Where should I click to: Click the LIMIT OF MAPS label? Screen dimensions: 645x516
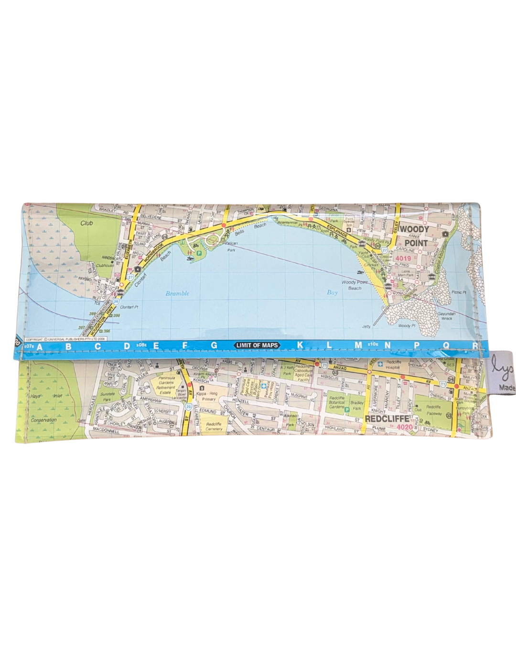click(257, 345)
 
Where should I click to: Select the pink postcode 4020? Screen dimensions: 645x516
click(404, 427)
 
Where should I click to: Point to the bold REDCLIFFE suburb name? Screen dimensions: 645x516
click(387, 419)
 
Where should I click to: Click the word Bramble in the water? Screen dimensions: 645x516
click(177, 293)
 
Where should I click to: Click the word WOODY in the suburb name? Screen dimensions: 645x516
click(414, 229)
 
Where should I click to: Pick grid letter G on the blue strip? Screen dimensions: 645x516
click(214, 345)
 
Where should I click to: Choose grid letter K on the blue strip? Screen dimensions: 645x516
click(300, 345)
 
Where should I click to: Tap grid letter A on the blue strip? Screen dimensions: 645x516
click(40, 346)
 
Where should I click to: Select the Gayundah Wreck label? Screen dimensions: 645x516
click(447, 316)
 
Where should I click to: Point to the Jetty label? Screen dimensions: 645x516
click(366, 327)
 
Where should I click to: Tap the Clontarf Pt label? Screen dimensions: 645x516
click(129, 307)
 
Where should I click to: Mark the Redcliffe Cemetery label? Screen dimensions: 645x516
click(214, 426)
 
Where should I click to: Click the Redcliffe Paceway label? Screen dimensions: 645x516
click(434, 410)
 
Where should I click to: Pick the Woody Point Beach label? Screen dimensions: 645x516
click(355, 285)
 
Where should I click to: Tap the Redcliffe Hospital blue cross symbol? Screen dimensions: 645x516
click(380, 364)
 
